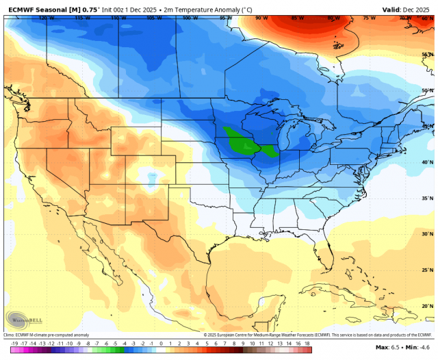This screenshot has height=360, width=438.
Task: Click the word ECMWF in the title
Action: point(23,10)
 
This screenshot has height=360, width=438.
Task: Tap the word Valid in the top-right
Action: point(391,10)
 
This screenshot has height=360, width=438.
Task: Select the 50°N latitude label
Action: point(426,90)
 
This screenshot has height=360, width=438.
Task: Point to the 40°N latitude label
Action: point(426,162)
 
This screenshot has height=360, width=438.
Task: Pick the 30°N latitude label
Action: point(426,233)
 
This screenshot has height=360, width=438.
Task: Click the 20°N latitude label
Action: point(426,306)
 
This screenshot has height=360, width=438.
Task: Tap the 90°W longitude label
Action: point(261,18)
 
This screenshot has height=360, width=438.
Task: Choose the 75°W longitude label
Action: point(370,18)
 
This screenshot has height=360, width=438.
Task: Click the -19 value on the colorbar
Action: point(14,343)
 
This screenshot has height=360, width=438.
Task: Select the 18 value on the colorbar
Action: point(307,343)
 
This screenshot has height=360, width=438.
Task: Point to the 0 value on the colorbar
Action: point(162,343)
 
